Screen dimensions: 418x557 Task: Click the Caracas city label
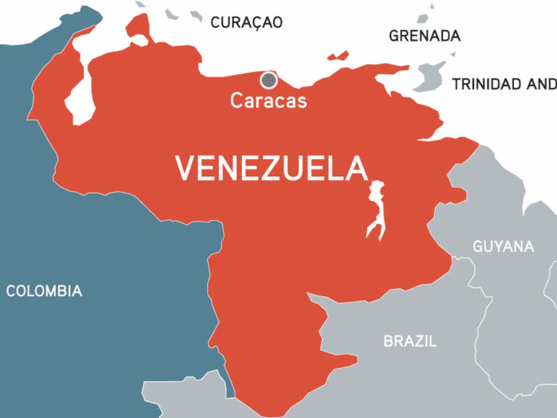(269, 101)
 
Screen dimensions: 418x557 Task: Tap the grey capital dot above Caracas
(269, 80)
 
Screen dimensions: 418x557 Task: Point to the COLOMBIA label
(44, 291)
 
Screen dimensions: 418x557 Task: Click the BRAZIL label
(410, 341)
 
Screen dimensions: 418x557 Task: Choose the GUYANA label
(503, 247)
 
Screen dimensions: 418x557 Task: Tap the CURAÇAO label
(246, 22)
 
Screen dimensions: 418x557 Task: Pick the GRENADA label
(424, 35)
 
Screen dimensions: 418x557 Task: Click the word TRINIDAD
(487, 85)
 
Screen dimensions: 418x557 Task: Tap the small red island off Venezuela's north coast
(338, 56)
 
